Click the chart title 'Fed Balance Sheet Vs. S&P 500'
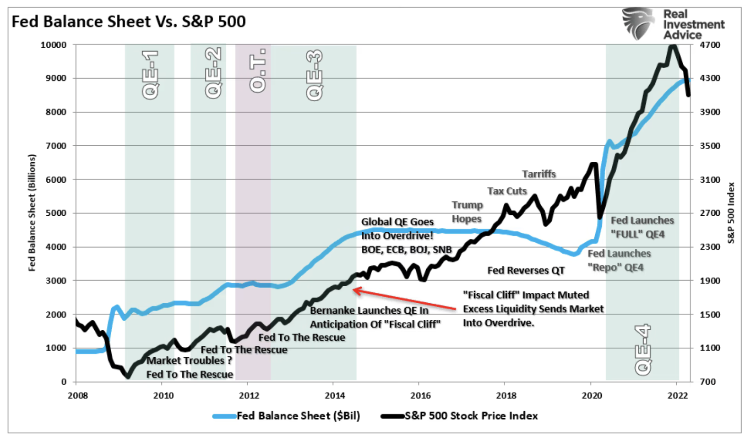pos(129,22)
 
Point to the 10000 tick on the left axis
pos(53,45)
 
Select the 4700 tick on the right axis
pos(710,45)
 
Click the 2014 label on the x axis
pos(335,396)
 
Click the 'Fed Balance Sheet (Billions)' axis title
pos(32,212)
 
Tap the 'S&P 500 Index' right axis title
pos(731,212)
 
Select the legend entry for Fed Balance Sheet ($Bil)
pos(286,416)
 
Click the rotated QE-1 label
pos(150,74)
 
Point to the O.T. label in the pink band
pos(258,70)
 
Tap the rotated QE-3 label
pos(314,75)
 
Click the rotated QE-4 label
pos(643,350)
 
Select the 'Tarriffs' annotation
pos(539,174)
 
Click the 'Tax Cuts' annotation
pos(507,191)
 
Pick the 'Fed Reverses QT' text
pos(526,270)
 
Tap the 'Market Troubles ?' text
pos(189,361)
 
